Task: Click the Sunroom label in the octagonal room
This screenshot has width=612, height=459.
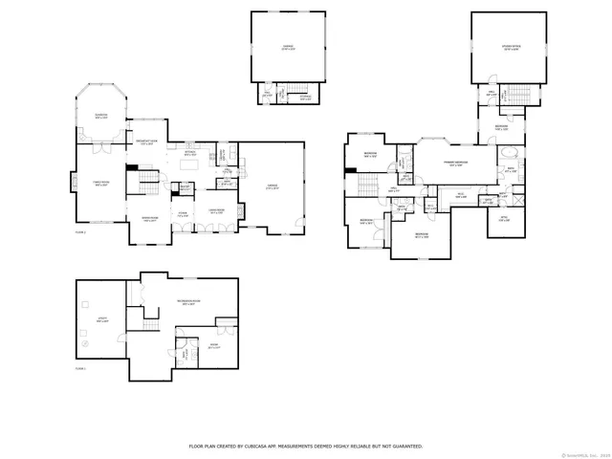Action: click(x=100, y=117)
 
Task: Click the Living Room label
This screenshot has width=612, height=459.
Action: click(x=216, y=212)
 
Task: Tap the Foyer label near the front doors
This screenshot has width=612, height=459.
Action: click(x=182, y=213)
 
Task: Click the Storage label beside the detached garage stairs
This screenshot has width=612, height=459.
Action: click(x=304, y=97)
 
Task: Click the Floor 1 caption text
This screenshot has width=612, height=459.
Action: click(x=80, y=368)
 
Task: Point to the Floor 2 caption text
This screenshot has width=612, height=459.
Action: click(x=80, y=232)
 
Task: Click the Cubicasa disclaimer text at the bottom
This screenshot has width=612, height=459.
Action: click(x=306, y=446)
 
